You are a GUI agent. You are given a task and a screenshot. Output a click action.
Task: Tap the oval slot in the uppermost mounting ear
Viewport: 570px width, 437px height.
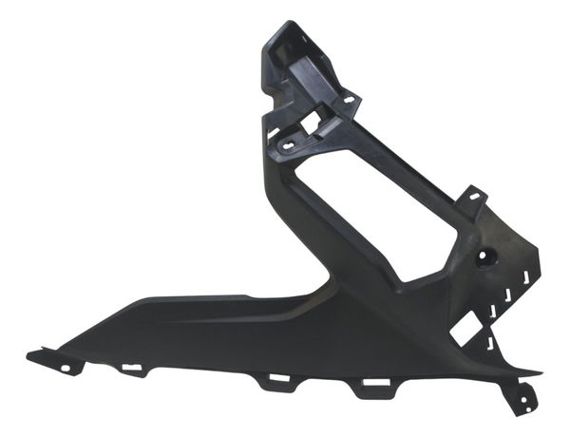click(x=349, y=98)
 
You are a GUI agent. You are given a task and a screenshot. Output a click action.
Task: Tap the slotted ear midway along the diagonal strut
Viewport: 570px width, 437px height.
click(x=472, y=199)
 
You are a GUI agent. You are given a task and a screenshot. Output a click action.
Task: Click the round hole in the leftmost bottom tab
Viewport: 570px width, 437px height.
click(x=66, y=367)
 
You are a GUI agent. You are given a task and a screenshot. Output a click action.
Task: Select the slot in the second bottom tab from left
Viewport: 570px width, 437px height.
click(x=132, y=368)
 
